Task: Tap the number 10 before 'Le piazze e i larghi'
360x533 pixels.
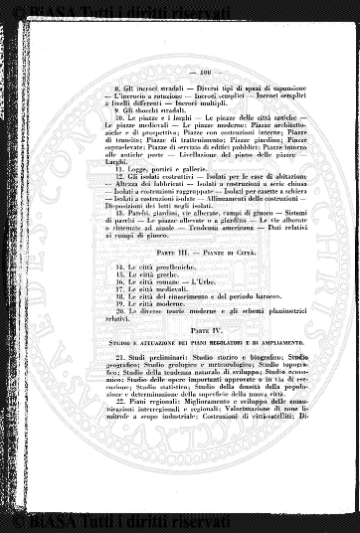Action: click(118, 116)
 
